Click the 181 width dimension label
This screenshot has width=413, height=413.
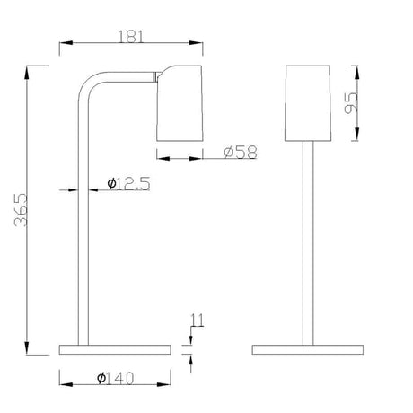pos(130,37)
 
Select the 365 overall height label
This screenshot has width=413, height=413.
pos(22,210)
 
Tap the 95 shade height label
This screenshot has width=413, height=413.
pos(351,103)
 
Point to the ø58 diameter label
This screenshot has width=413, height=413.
pos(241,152)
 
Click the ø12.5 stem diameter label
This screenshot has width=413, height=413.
pos(128,184)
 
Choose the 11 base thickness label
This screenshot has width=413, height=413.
pos(198,320)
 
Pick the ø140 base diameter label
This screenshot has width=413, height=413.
pos(115,378)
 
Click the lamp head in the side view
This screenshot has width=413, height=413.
pos(180,103)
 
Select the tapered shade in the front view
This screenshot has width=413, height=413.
pos(308,103)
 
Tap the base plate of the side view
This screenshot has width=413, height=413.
pos(115,349)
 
